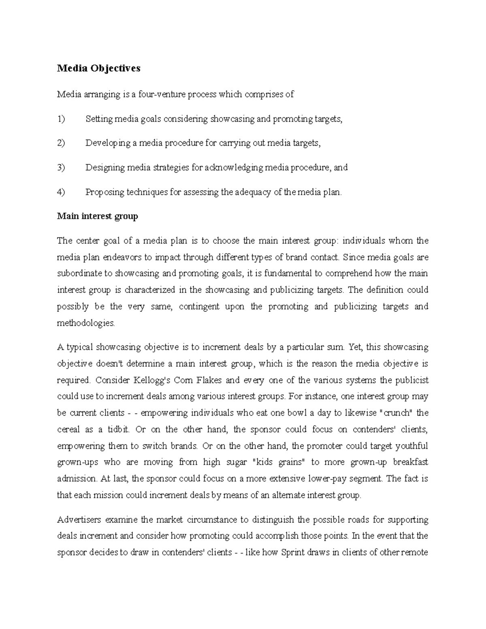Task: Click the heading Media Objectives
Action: (98, 68)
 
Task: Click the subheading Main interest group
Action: (97, 216)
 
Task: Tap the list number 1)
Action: (61, 119)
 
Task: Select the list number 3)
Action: (61, 168)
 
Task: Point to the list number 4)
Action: (61, 192)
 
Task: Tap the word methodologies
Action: (86, 323)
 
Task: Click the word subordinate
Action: (79, 274)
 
